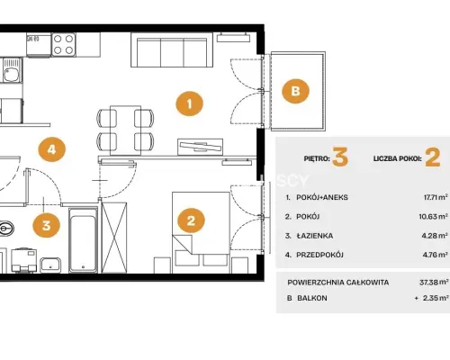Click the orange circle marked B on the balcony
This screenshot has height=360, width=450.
coord(295,91)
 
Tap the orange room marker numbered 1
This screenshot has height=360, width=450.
coord(189,103)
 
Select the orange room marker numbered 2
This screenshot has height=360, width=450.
coord(191,220)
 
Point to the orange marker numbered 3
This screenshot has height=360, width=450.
coord(46,225)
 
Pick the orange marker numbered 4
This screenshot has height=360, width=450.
coord(52,149)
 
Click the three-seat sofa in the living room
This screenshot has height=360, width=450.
coord(172,50)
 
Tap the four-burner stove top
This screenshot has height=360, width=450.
coord(64,44)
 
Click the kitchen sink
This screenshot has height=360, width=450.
coord(12,70)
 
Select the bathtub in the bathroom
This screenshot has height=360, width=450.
coord(83,240)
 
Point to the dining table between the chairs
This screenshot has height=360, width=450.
coord(125,130)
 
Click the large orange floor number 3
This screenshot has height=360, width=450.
coord(340,157)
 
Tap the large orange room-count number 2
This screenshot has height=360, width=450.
coord(433,157)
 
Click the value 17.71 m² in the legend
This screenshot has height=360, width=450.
coord(436,197)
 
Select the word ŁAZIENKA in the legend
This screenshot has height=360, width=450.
coord(315,236)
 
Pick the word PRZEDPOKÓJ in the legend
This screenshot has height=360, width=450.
coord(319,255)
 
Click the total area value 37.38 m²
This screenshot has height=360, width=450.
coord(434,283)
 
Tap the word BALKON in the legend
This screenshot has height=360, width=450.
coord(312,298)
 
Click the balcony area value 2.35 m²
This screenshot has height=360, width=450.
coord(436,298)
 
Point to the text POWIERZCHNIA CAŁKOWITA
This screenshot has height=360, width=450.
coord(338,283)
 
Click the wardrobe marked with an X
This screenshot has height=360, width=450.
coord(114,238)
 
